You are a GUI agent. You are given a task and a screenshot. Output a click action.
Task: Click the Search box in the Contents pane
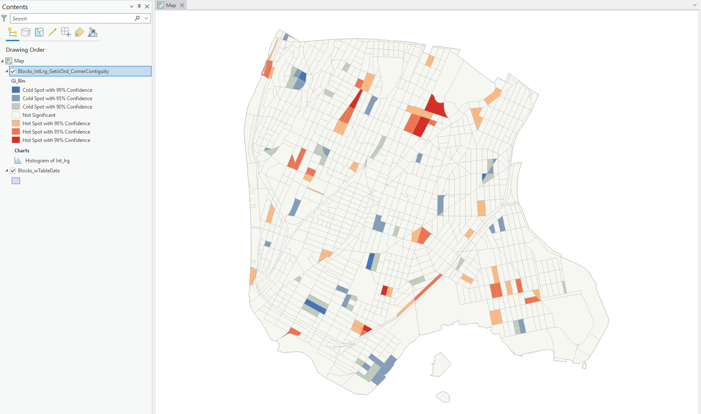click(x=71, y=19)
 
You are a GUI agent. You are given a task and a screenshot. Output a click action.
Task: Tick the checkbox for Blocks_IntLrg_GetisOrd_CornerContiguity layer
click(x=13, y=71)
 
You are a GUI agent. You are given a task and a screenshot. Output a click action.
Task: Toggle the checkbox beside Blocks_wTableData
click(x=13, y=171)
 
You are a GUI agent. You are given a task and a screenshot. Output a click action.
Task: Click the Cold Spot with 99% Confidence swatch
click(x=16, y=90)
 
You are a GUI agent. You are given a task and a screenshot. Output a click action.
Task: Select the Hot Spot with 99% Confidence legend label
click(x=56, y=140)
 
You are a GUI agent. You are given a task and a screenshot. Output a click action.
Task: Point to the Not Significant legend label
click(x=39, y=115)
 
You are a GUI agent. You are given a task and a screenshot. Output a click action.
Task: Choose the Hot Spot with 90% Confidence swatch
click(x=16, y=123)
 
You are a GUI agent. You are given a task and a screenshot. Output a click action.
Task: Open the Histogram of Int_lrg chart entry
click(x=47, y=161)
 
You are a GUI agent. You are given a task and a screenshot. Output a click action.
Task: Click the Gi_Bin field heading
click(x=18, y=81)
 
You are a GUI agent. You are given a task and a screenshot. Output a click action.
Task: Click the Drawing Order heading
click(x=25, y=50)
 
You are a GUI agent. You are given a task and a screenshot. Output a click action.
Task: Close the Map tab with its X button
click(x=182, y=5)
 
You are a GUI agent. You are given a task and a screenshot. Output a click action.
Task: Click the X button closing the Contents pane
click(x=147, y=7)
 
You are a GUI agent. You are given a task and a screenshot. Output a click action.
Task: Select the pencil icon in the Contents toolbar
click(x=53, y=32)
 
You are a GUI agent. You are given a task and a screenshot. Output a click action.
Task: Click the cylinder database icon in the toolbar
click(x=25, y=32)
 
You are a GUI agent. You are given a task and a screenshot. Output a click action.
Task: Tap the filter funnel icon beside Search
click(x=4, y=18)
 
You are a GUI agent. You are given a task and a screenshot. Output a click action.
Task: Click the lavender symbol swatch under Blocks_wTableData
click(x=16, y=181)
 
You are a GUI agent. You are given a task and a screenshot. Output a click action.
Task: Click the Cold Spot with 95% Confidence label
click(x=57, y=98)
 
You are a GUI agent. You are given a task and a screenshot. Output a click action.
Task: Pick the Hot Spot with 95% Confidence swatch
click(x=16, y=131)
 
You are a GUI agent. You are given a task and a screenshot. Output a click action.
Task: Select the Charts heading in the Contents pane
click(x=22, y=151)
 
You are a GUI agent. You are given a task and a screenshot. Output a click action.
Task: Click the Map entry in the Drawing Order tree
click(x=19, y=61)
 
